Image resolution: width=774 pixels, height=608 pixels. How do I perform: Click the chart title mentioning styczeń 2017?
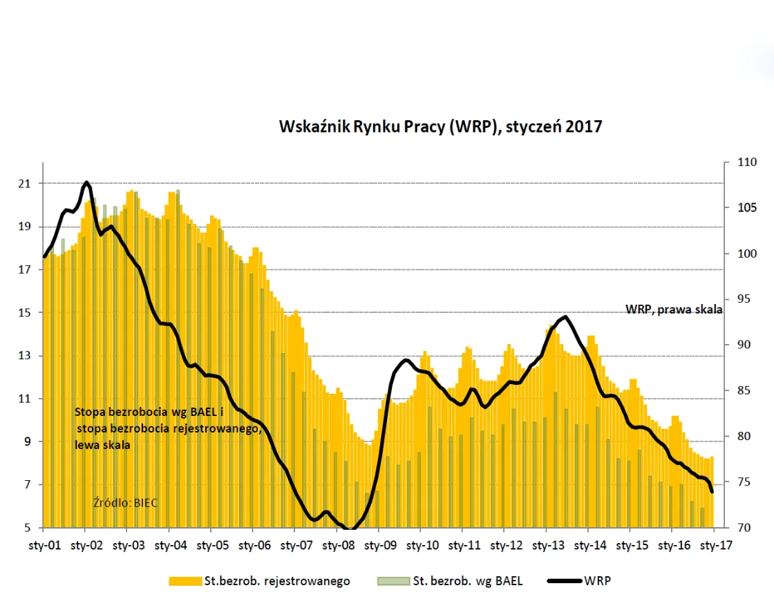click(440, 126)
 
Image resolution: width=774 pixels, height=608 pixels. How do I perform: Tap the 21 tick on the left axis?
click(25, 184)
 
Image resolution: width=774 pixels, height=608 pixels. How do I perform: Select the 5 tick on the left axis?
click(28, 529)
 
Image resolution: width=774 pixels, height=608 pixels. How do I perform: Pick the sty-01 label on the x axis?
click(44, 545)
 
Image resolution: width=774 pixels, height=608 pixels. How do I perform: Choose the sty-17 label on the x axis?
click(716, 545)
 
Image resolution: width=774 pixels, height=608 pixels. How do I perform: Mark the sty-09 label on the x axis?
click(380, 545)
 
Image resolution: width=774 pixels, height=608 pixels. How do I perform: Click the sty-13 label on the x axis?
click(548, 545)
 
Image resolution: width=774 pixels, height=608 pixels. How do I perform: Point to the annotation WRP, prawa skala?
click(674, 310)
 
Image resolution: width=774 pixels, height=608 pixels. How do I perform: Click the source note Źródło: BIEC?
click(125, 502)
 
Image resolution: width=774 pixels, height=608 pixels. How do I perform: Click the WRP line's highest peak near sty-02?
click(86, 182)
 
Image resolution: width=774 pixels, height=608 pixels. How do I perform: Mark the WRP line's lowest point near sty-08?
click(349, 530)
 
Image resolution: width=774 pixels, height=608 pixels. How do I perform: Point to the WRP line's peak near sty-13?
click(565, 316)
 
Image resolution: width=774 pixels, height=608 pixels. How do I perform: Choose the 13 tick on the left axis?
click(25, 356)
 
